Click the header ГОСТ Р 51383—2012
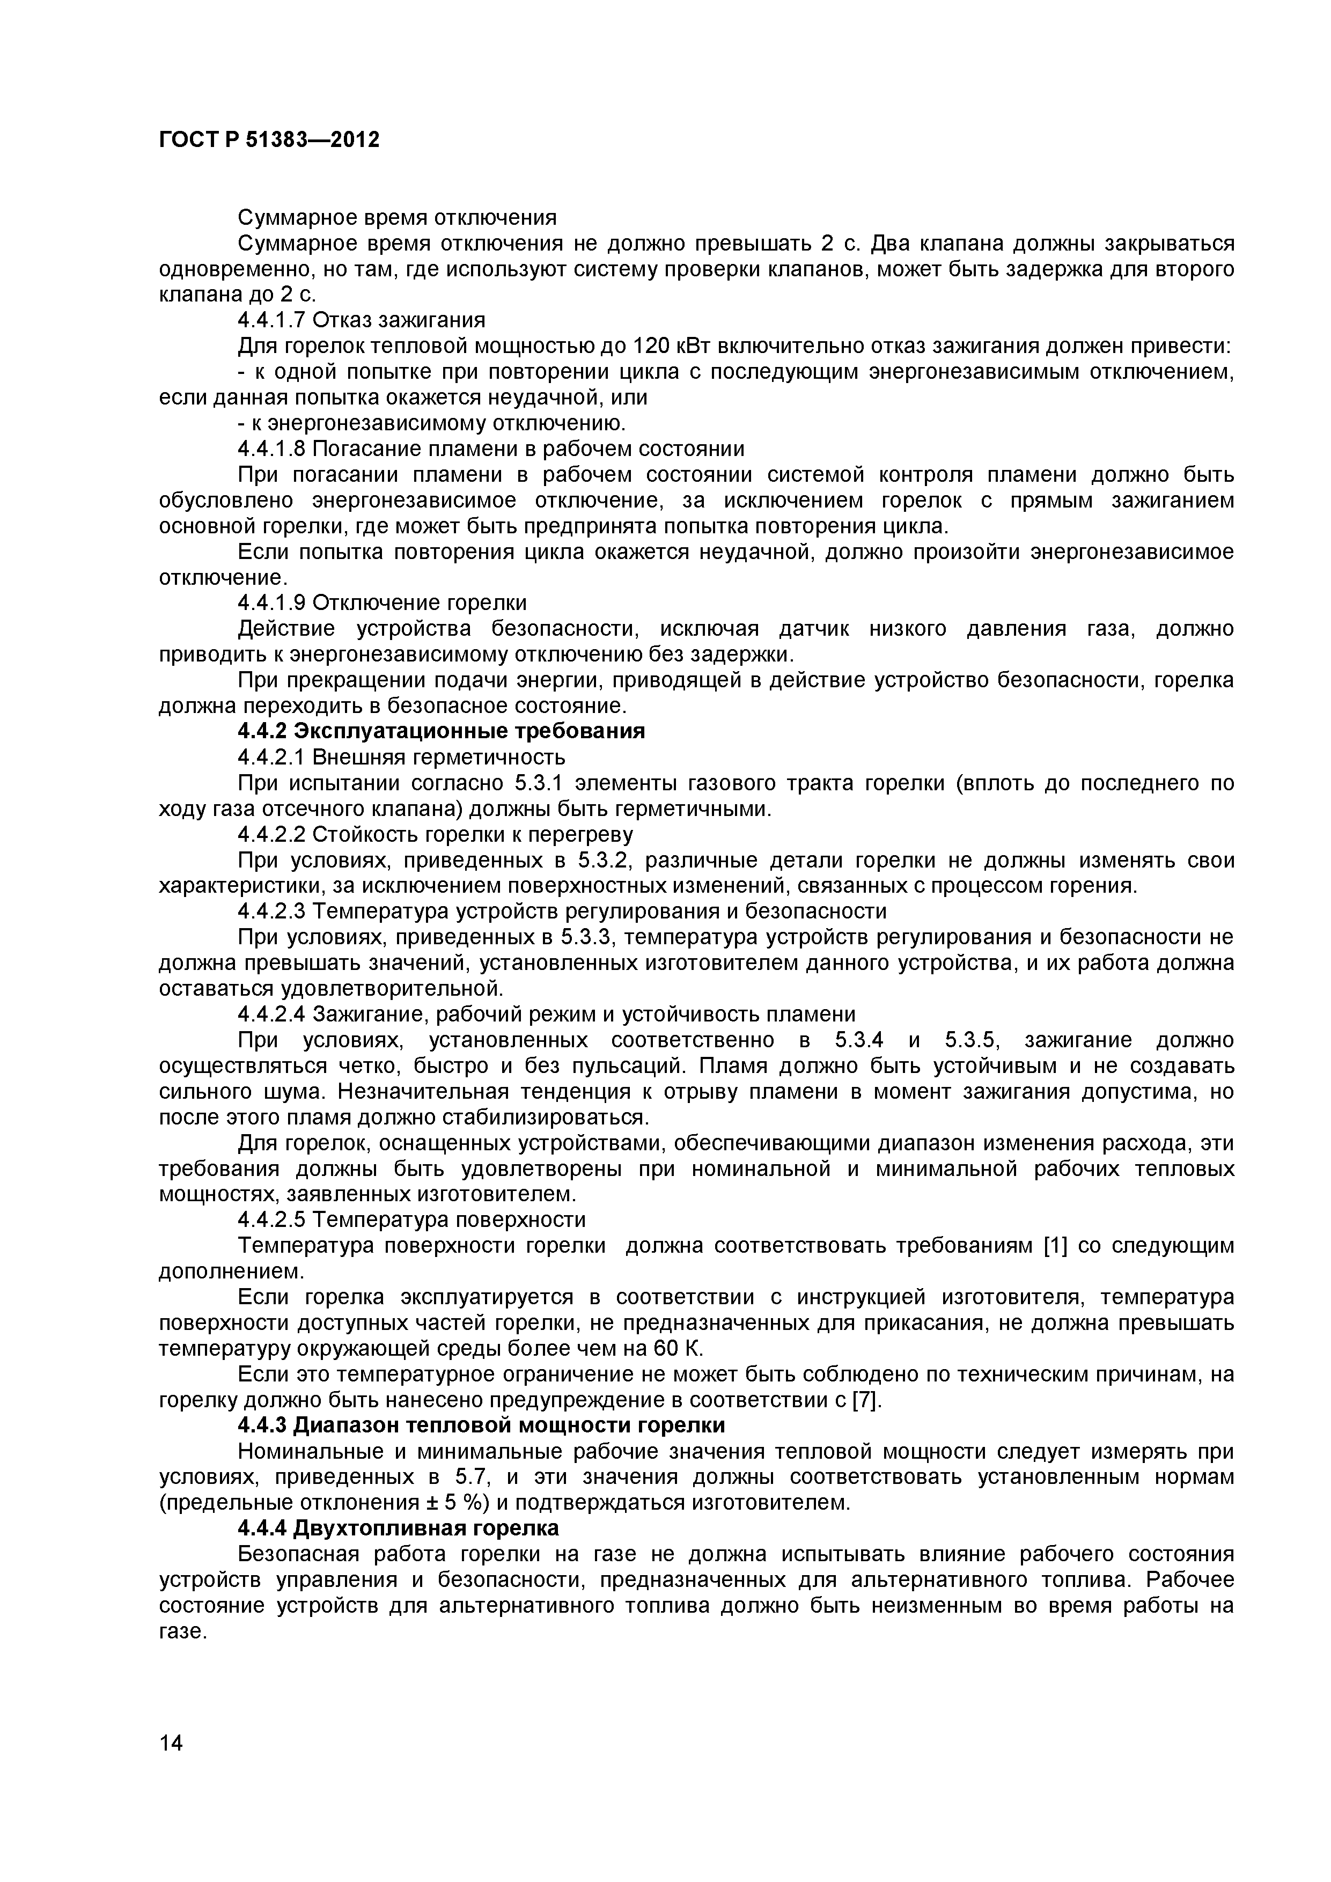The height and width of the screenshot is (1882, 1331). [x=269, y=140]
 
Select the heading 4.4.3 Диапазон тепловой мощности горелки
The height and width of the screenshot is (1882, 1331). [x=481, y=1425]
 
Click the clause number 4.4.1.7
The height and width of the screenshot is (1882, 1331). [x=272, y=320]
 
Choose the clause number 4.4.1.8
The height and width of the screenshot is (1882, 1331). [x=272, y=449]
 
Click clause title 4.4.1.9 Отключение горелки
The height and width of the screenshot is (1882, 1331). [x=382, y=602]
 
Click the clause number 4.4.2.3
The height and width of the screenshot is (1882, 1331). [x=272, y=911]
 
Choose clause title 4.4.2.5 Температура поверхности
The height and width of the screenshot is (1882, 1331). [x=411, y=1219]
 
